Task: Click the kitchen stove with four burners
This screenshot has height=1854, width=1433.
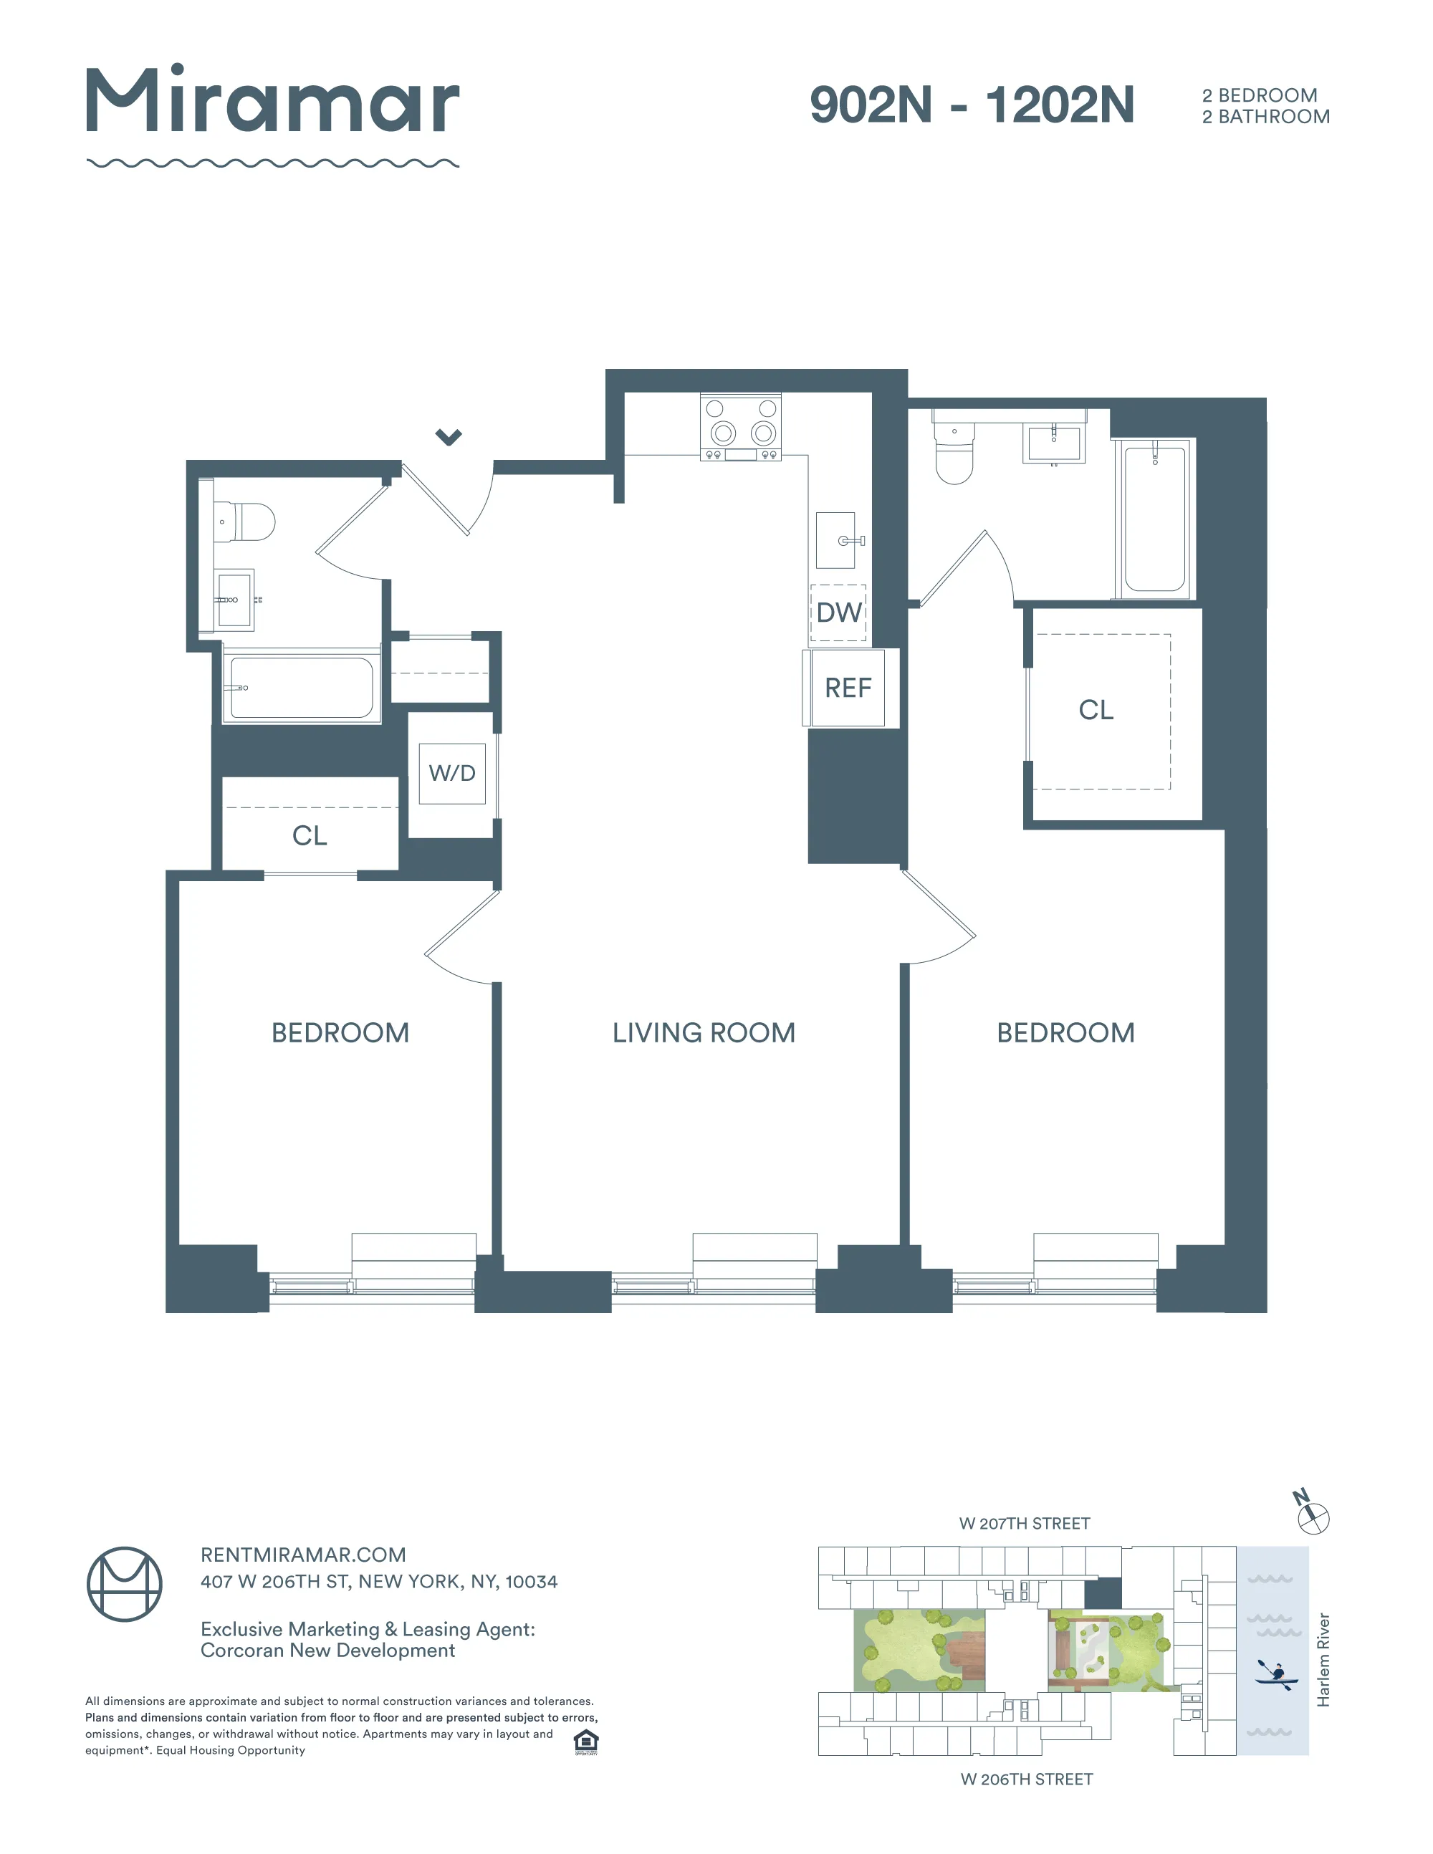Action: [x=740, y=427]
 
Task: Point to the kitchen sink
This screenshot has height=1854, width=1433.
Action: [x=836, y=540]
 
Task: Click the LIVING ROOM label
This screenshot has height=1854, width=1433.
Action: [x=704, y=1032]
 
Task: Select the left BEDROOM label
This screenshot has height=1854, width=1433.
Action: [x=340, y=1032]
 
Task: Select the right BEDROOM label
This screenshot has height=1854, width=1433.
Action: [x=1065, y=1032]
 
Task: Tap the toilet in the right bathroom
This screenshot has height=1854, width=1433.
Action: [x=954, y=454]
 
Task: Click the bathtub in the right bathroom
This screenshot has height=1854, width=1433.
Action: [x=1154, y=519]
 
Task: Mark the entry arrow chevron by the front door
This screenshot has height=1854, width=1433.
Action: [x=449, y=437]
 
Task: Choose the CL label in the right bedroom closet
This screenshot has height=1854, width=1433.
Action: [x=1095, y=710]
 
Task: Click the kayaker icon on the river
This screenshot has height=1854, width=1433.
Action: [x=1275, y=1675]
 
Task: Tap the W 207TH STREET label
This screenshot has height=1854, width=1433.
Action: [x=1024, y=1524]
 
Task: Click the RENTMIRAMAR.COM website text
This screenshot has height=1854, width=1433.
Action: [x=303, y=1555]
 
